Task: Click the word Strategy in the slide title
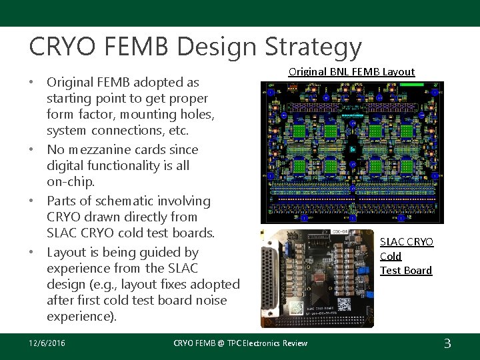point(313,47)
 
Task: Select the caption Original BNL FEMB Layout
point(351,71)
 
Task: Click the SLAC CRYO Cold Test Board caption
point(407,256)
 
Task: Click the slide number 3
point(447,343)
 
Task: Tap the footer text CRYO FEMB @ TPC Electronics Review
point(241,343)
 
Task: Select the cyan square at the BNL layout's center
point(351,149)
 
